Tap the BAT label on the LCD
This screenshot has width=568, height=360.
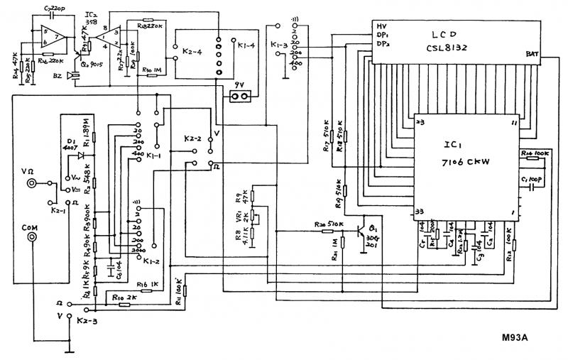click(534, 54)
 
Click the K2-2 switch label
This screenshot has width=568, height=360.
click(194, 137)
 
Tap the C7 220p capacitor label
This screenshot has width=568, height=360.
click(55, 9)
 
